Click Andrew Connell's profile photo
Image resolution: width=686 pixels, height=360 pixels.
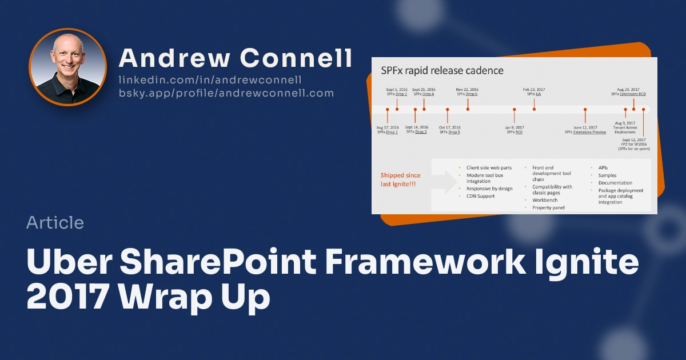(67, 67)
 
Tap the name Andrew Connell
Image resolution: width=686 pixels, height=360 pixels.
(235, 58)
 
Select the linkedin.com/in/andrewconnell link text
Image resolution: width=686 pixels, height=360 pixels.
(210, 80)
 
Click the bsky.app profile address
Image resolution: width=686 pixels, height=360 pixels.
(226, 93)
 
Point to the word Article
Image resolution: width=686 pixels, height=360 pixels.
(55, 223)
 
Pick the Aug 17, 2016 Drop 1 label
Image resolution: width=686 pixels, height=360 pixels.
(388, 130)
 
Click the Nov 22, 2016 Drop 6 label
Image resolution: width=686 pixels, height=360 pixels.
(467, 91)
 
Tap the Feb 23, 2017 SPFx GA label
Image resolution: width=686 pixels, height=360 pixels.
(534, 91)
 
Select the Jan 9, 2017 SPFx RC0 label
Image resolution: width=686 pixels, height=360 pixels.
(514, 130)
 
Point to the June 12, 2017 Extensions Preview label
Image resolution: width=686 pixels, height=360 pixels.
(585, 130)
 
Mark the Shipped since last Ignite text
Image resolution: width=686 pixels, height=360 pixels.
(400, 179)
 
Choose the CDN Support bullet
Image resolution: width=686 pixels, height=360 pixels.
(480, 196)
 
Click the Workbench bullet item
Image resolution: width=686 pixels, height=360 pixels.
(545, 201)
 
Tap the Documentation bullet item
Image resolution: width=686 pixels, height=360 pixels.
(615, 183)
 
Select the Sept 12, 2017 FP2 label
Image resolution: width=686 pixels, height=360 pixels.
(633, 144)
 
